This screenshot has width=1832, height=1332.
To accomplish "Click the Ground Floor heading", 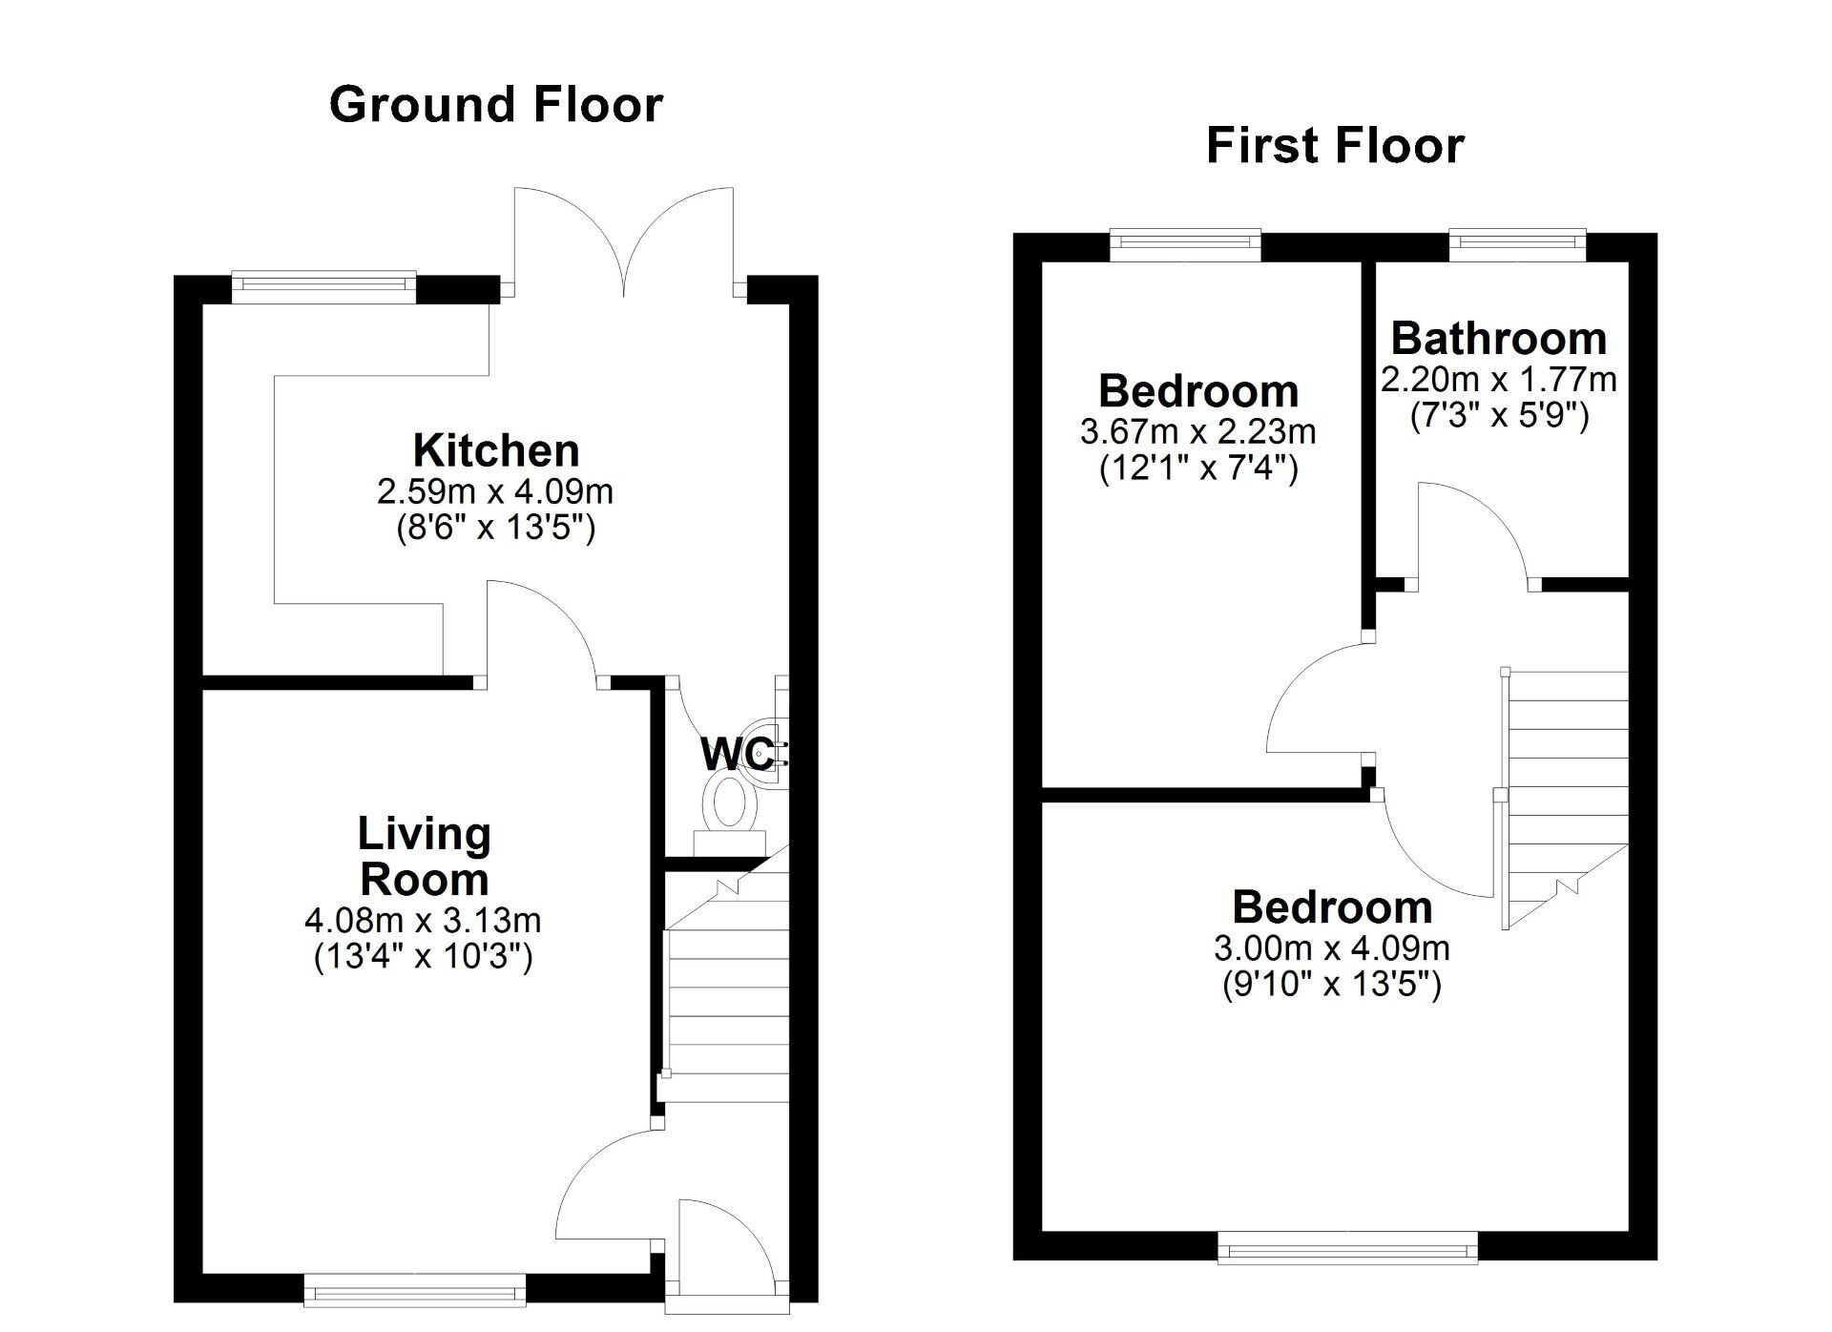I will (x=495, y=104).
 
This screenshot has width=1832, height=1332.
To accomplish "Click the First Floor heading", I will (x=1335, y=146).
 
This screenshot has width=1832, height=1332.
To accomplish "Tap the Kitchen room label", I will (x=495, y=450).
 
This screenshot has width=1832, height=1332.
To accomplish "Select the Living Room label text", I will (x=424, y=856).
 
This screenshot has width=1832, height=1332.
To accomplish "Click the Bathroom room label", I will (x=1498, y=339).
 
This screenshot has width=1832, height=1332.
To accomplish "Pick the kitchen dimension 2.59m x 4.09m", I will (x=495, y=492).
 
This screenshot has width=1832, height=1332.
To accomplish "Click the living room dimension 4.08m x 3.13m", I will (x=423, y=921).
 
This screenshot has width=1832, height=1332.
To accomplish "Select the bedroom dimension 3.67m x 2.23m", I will (x=1197, y=432).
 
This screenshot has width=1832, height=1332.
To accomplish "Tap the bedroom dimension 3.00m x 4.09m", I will (x=1331, y=948).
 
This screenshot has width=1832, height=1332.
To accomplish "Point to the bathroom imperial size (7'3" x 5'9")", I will (x=1499, y=416).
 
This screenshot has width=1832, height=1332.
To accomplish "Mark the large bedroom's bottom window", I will (x=1347, y=1247).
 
